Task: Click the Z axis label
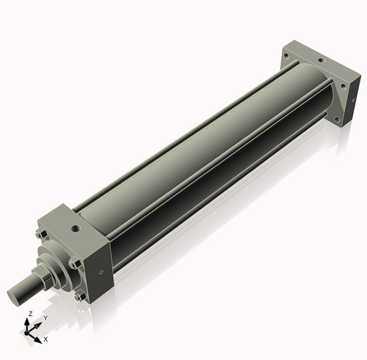pos(31,314)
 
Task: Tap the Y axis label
pos(46,318)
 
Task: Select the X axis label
pos(46,339)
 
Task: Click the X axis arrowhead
pos(37,339)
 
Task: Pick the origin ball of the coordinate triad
pos(26,333)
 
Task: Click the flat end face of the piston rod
pos(13,298)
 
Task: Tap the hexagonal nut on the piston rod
pos(42,275)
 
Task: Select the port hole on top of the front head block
pos(76,229)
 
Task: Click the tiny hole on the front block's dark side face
pos(101,272)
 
